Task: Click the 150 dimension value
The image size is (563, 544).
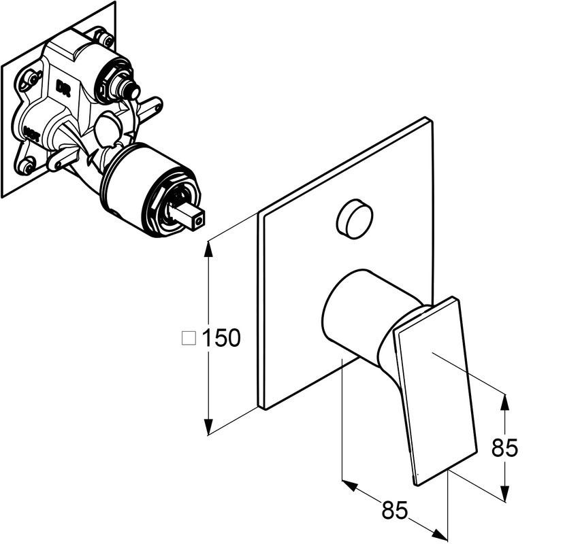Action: point(221,337)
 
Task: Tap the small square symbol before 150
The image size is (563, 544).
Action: point(189,337)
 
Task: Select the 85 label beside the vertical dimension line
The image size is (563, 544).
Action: point(504,447)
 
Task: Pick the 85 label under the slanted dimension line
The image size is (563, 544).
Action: point(394,510)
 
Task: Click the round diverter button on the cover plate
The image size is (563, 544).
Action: point(355,219)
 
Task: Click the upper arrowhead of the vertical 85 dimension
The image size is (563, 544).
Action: point(504,403)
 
